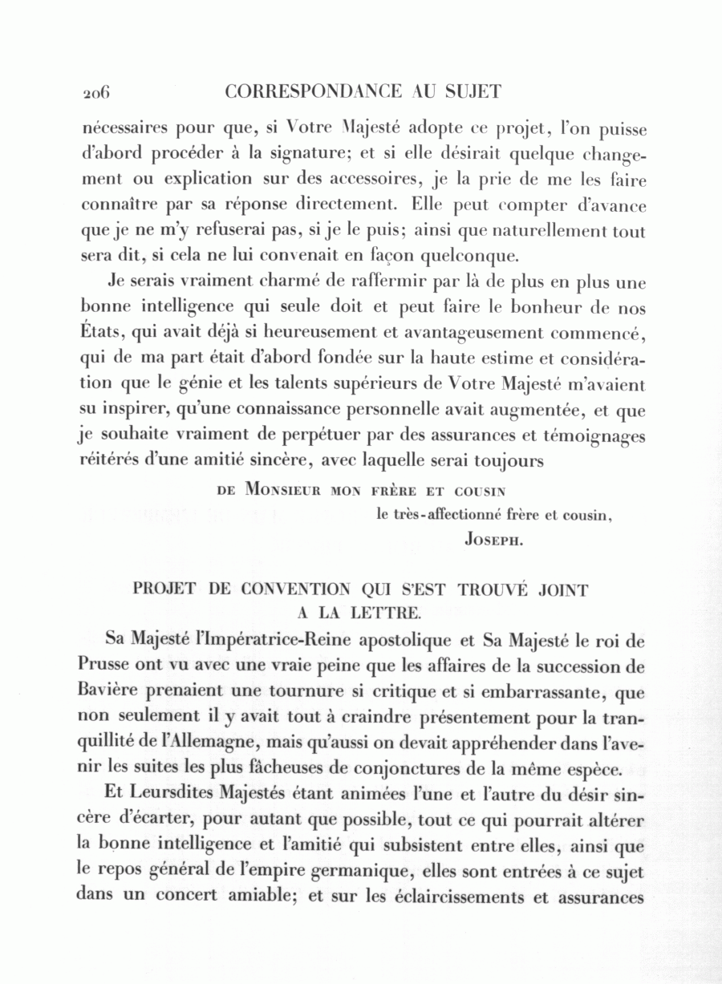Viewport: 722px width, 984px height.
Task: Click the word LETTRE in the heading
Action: point(386,614)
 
